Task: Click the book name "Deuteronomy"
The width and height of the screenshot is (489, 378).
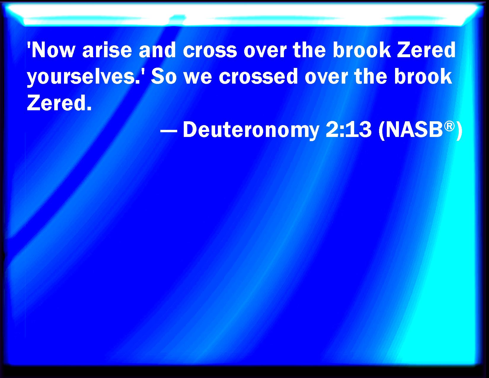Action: click(x=251, y=130)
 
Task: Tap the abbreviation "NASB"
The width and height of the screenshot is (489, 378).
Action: click(x=414, y=130)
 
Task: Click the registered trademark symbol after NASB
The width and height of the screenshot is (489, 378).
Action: click(x=449, y=126)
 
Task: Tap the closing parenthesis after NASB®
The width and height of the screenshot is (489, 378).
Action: click(x=459, y=131)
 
